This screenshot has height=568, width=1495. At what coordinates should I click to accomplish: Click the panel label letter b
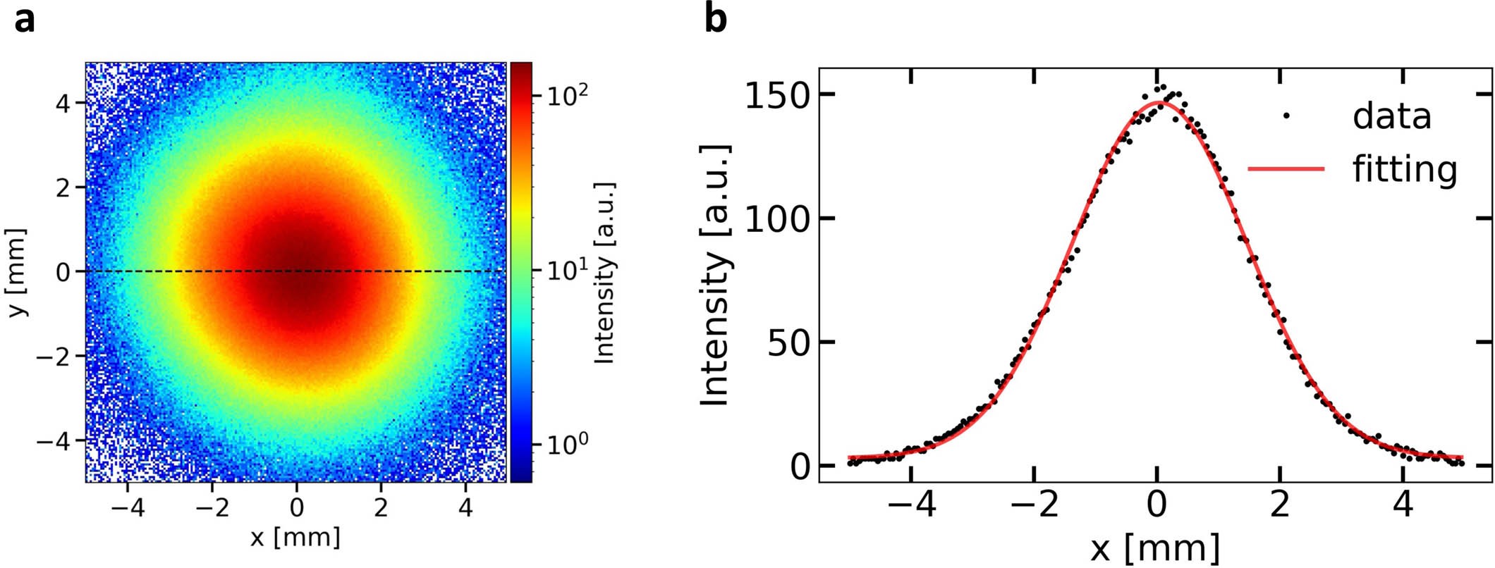tap(715, 20)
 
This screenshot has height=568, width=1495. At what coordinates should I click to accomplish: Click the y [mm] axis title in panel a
tap(18, 272)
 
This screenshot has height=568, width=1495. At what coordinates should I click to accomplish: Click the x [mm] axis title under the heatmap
tap(295, 538)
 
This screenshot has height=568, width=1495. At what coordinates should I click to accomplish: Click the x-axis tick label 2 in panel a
tap(381, 507)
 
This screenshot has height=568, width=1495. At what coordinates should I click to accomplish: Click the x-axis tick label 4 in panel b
tap(1403, 507)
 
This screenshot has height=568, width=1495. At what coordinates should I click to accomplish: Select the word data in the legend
tap(1391, 116)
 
